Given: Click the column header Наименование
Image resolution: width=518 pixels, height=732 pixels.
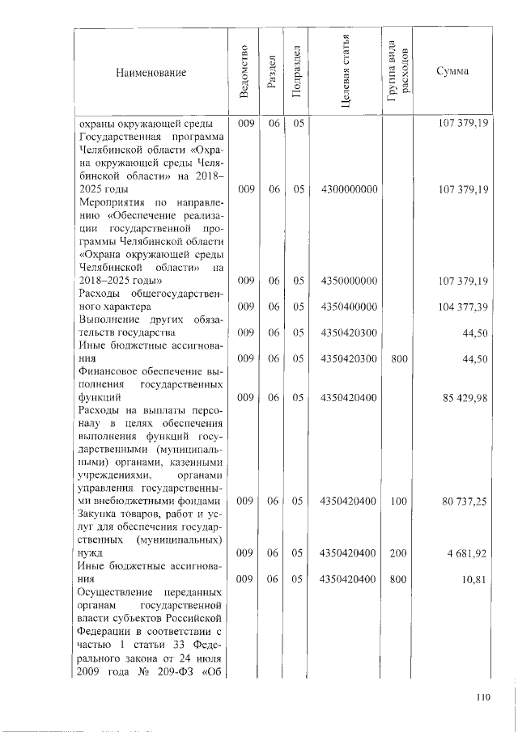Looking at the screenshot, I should tap(151, 73).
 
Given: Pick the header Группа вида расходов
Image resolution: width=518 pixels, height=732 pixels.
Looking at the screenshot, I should tap(398, 73).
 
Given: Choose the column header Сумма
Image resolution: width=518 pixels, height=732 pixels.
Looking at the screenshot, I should tap(451, 72).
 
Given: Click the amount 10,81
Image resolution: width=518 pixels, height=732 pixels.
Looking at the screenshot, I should tap(474, 579).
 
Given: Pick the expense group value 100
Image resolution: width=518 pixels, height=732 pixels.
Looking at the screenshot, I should tap(398, 501).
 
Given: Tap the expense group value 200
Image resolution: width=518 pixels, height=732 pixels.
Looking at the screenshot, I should tap(398, 553).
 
